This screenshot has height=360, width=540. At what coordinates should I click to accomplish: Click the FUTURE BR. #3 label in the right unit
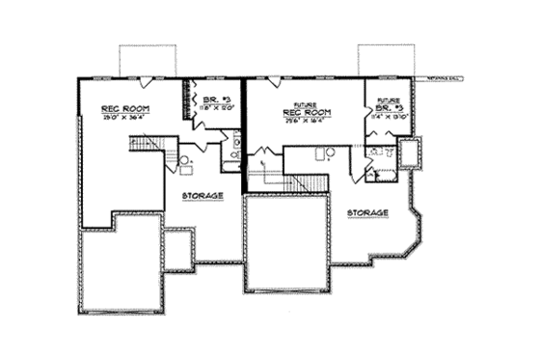388,104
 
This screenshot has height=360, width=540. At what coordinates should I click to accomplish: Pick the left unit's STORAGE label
202,195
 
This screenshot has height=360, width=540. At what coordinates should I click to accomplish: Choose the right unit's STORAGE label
368,211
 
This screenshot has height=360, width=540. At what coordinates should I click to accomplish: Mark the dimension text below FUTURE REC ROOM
306,123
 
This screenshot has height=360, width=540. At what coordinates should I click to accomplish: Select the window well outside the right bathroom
409,152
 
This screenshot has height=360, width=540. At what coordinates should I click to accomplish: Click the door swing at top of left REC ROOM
144,82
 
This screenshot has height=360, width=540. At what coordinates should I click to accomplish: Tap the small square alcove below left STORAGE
177,249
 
